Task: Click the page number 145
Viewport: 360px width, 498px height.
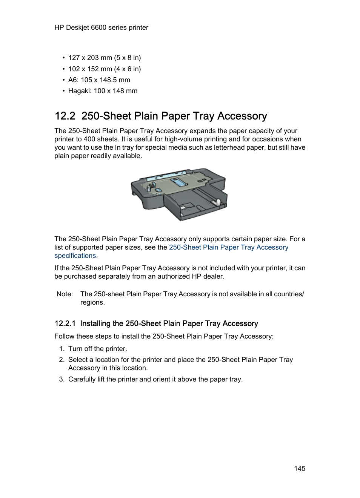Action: click(x=300, y=468)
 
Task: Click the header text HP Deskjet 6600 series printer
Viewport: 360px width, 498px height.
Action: click(x=101, y=28)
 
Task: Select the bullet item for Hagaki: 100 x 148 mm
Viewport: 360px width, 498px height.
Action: click(x=103, y=91)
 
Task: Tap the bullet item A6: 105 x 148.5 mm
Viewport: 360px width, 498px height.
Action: click(x=99, y=80)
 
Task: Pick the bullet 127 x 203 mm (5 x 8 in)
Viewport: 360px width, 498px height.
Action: click(x=105, y=58)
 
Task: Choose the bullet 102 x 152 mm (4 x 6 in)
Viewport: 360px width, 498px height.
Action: click(x=105, y=69)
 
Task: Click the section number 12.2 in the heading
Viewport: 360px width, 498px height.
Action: click(x=65, y=116)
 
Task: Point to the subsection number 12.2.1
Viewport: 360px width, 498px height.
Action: click(x=65, y=323)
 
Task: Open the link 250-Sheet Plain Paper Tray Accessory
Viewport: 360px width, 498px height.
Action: click(x=228, y=247)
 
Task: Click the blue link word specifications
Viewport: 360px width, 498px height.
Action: click(x=75, y=256)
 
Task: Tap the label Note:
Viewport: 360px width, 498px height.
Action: click(x=65, y=294)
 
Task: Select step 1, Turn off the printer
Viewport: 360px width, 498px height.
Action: click(x=97, y=349)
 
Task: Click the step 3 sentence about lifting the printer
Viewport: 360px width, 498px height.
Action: click(x=155, y=379)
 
